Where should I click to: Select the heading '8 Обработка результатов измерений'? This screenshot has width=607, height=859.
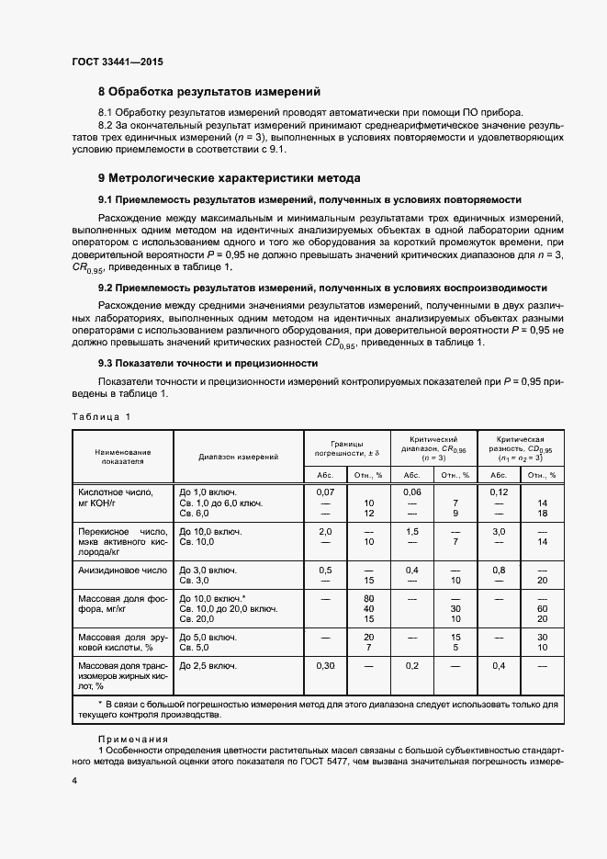[208, 92]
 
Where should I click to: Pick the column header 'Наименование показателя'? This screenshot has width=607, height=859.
[122, 457]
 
